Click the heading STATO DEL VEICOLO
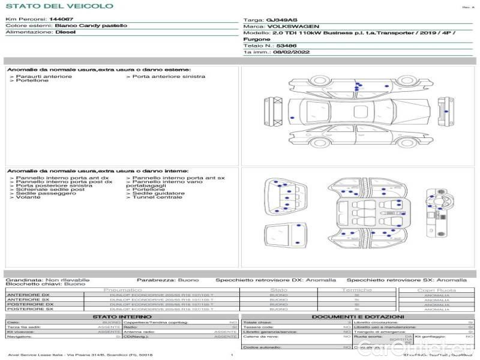point(59,6)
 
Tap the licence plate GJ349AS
point(281,19)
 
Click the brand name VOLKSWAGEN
point(298,26)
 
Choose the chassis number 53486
point(287,46)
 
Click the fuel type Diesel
point(65,32)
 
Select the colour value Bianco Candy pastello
point(91,26)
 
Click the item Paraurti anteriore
point(43,76)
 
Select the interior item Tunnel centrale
point(157,197)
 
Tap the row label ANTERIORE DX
point(28,295)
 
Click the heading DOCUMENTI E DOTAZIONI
point(358,316)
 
